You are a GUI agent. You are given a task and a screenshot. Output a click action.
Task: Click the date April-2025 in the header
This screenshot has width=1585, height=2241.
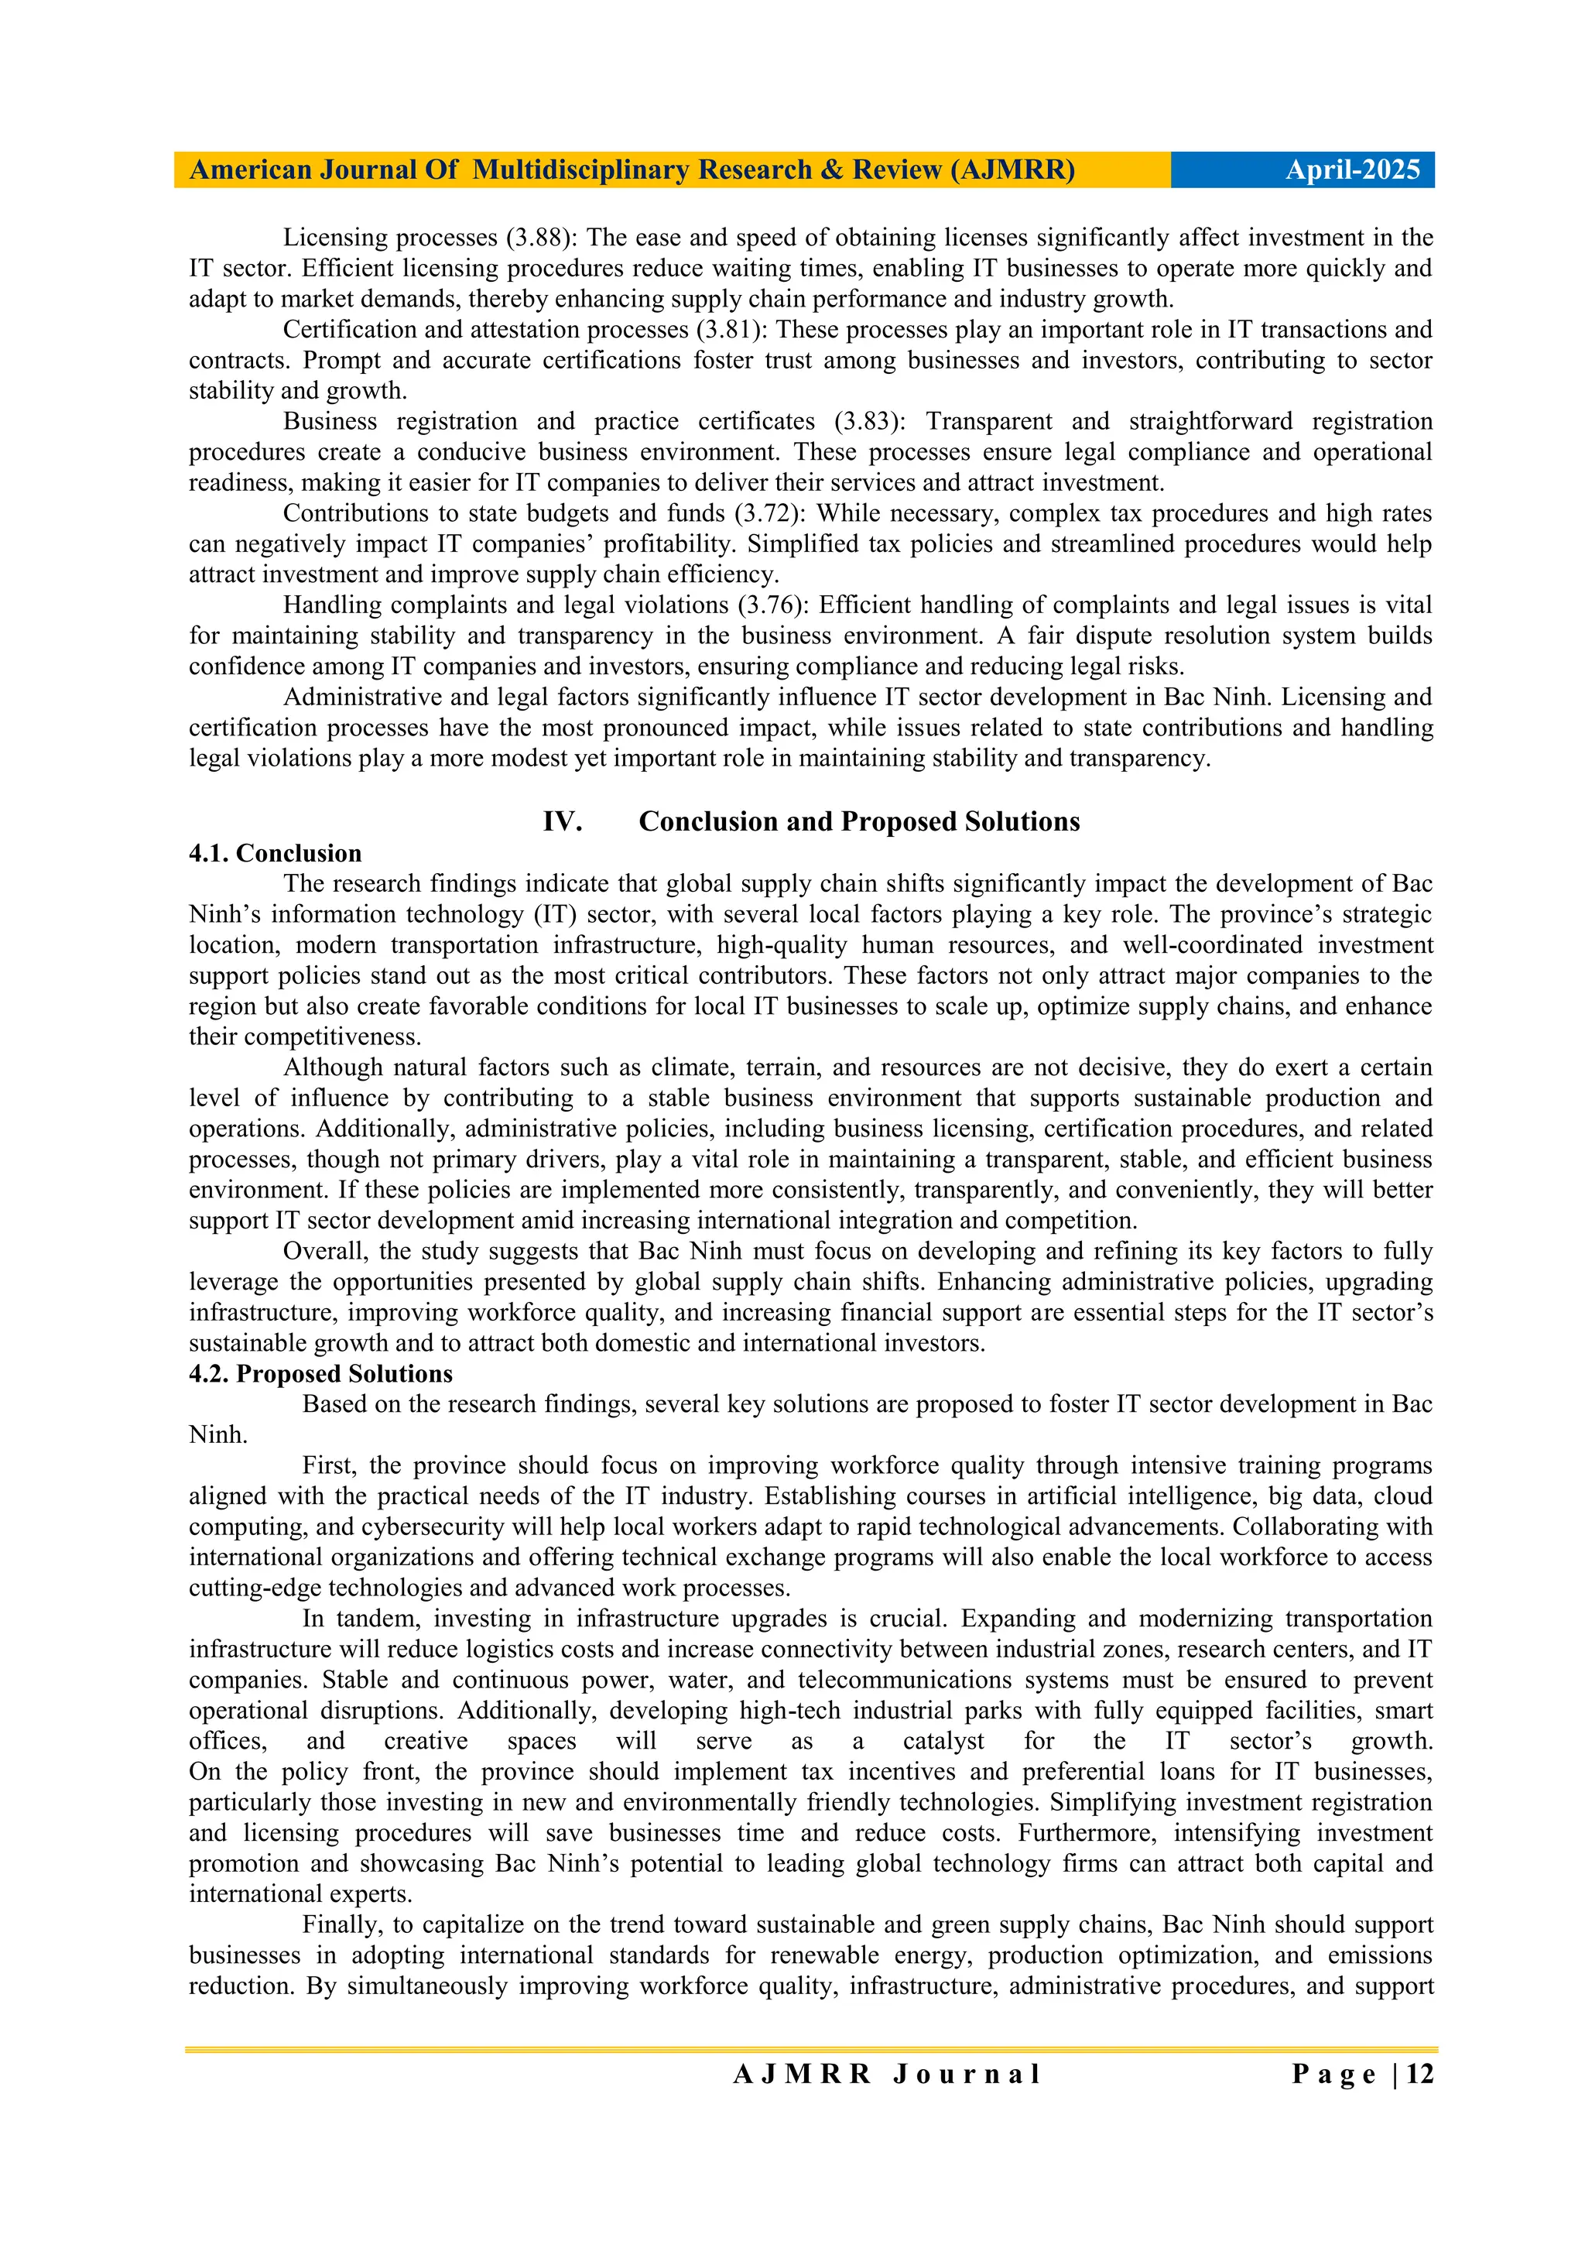(x=1352, y=170)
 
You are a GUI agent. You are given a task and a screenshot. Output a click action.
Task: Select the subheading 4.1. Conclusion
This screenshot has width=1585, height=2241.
(x=276, y=853)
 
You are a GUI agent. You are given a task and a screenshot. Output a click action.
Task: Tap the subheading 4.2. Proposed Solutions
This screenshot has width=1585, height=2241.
(x=320, y=1373)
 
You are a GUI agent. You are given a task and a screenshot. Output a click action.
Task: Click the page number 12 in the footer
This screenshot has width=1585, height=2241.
(x=1420, y=2073)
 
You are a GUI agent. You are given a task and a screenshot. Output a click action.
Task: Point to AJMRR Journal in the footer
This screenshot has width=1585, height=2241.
(x=886, y=2073)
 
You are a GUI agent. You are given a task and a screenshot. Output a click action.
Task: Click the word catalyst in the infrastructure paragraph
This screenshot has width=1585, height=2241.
(x=943, y=1740)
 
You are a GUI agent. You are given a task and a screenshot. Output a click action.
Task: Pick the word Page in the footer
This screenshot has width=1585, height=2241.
(x=1333, y=2073)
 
